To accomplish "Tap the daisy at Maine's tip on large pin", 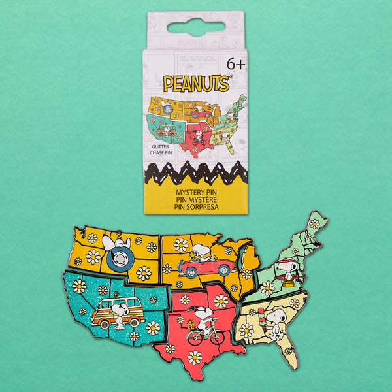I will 314,223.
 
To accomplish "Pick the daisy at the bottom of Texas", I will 194,357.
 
